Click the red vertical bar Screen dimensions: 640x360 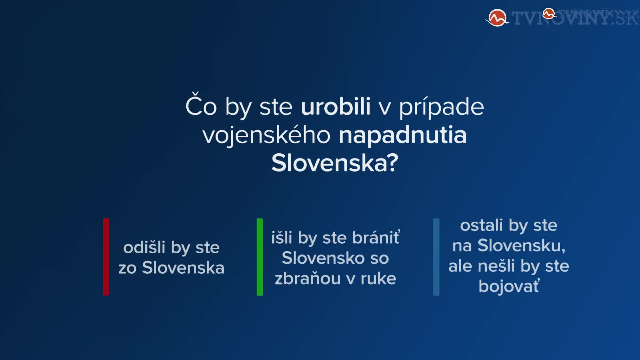[x=106, y=257]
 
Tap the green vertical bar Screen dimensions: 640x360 [x=260, y=257]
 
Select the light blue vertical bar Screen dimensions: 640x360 [x=436, y=257]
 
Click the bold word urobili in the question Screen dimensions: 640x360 [x=336, y=107]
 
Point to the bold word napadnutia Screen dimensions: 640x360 [x=402, y=136]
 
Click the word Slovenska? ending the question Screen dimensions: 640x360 [x=335, y=163]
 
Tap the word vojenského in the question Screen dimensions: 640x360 [x=266, y=136]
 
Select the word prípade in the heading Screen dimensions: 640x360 [x=441, y=107]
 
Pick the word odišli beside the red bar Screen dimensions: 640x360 [x=144, y=247]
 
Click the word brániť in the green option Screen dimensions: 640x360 [x=376, y=237]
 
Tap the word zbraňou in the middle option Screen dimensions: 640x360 [x=307, y=279]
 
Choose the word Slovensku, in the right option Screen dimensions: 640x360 [x=521, y=246]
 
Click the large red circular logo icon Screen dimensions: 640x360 [x=497, y=18]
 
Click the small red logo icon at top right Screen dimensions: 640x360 [x=548, y=14]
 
